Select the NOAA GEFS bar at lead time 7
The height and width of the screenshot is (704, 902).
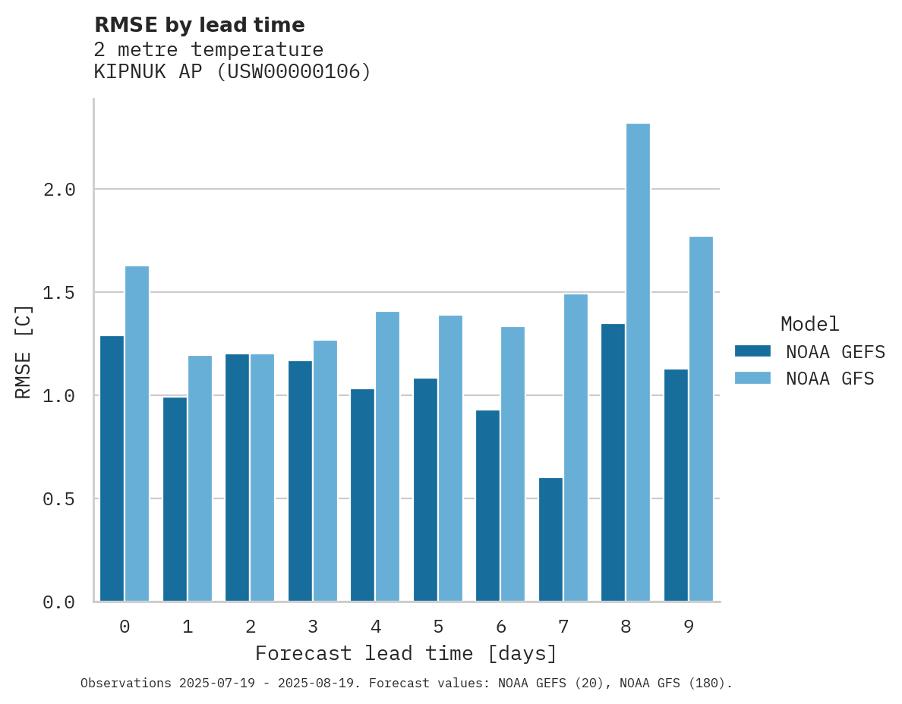(550, 539)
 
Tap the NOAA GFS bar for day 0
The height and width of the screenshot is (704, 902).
(137, 434)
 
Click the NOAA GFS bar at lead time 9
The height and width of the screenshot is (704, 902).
(701, 419)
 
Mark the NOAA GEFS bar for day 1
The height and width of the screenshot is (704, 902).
(175, 499)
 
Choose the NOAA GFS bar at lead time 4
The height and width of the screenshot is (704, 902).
(387, 457)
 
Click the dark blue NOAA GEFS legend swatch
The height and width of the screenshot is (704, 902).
(752, 351)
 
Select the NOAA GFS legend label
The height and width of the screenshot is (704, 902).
(830, 379)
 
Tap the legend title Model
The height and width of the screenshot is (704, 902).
(809, 324)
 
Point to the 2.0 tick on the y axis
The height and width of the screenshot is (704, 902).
(59, 190)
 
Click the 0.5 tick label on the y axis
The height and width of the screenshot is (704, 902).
(59, 499)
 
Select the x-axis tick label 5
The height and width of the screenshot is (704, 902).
(438, 627)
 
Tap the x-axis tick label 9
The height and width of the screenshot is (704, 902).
(689, 627)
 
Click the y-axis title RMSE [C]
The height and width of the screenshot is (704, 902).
(24, 351)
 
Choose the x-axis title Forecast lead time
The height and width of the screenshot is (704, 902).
(406, 653)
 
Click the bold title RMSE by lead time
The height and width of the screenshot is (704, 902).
(199, 25)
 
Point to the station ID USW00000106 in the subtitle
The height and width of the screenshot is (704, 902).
(294, 72)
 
